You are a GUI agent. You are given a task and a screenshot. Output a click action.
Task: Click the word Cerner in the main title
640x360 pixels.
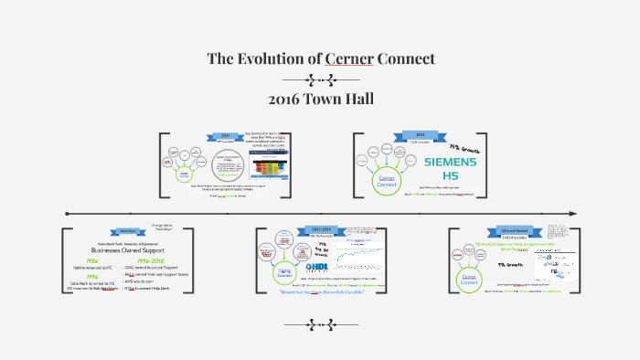(349, 59)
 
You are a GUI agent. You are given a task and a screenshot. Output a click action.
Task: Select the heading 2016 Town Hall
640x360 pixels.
(320, 99)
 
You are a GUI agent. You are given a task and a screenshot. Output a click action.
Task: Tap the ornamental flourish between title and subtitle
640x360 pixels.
(320, 79)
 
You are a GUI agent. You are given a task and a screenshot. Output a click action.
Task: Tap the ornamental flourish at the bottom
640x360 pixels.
(320, 323)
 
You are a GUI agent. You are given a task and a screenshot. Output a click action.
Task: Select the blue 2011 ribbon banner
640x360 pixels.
(225, 134)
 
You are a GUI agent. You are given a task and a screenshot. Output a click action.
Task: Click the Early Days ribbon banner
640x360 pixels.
(126, 231)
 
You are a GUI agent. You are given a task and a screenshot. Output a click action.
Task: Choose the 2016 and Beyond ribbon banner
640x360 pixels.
(516, 230)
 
